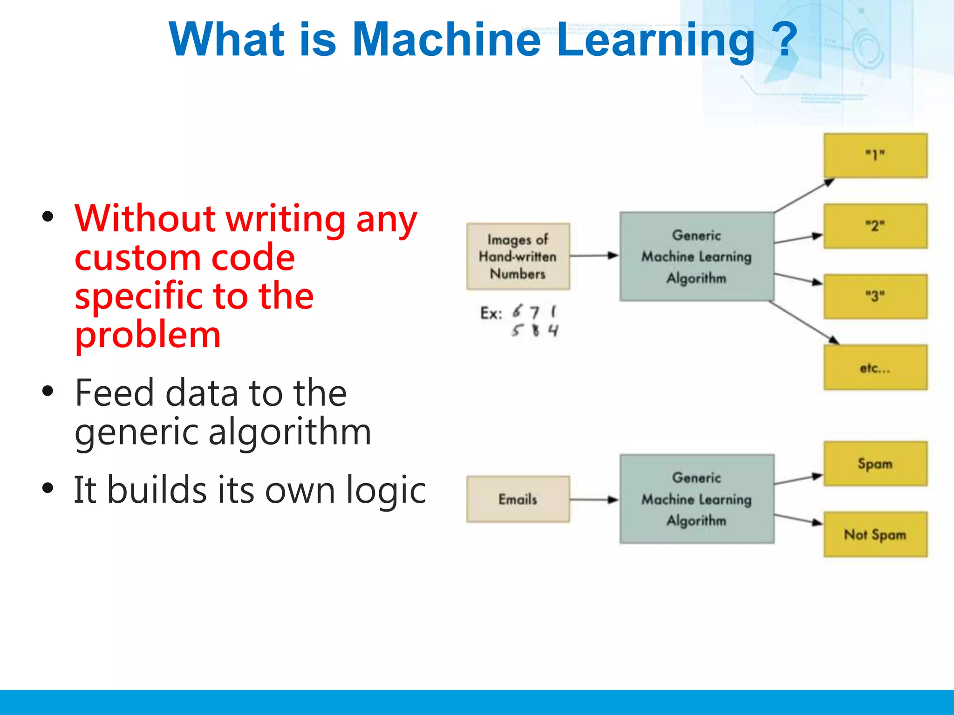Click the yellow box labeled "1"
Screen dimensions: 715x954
click(875, 155)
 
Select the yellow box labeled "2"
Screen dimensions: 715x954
click(875, 226)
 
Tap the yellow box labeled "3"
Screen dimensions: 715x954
click(875, 297)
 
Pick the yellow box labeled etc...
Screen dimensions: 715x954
click(875, 368)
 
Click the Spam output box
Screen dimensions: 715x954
click(875, 464)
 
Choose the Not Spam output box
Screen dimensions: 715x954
click(875, 534)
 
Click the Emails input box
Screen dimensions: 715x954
click(518, 499)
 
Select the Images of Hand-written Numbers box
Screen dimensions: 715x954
click(518, 256)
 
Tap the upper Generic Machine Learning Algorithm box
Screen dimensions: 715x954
click(696, 256)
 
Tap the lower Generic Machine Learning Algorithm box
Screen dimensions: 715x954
click(696, 499)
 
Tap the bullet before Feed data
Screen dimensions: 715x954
click(48, 391)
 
